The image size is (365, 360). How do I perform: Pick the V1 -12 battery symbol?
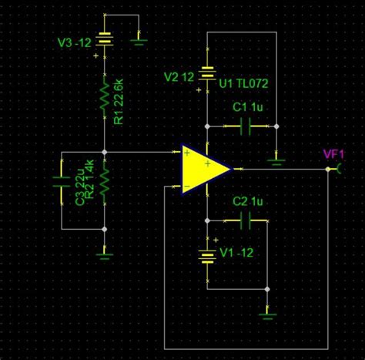(x=207, y=255)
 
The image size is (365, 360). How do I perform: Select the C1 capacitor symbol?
(x=246, y=127)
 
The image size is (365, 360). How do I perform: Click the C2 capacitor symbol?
(x=246, y=221)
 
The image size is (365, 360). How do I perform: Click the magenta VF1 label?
(x=333, y=154)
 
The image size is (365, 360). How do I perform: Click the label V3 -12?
(x=75, y=42)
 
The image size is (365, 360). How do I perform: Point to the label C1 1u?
(x=247, y=109)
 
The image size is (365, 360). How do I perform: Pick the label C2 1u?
(x=247, y=201)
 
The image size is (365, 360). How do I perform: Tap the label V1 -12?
(x=236, y=253)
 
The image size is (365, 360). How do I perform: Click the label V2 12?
(x=179, y=76)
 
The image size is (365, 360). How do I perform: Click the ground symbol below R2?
(x=105, y=251)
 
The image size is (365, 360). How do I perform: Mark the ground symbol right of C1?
(x=275, y=160)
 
